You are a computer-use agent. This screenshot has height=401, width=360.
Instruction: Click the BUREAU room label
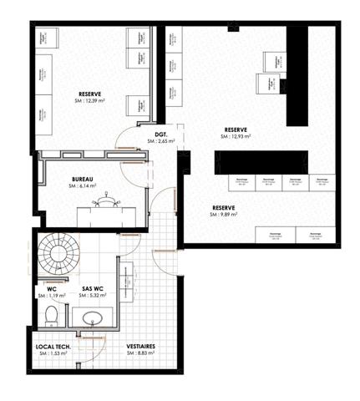coord(82,179)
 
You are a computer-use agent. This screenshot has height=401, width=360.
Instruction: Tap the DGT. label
coord(161,135)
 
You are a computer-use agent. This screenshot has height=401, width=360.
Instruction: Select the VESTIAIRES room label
coord(140,346)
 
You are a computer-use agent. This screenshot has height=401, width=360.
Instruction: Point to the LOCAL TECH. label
coord(53,346)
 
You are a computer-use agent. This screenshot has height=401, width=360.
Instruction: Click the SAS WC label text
coord(93,287)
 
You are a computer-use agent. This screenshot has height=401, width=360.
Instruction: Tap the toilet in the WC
coord(52,315)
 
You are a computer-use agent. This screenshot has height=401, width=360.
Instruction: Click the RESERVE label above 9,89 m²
coord(223,207)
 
